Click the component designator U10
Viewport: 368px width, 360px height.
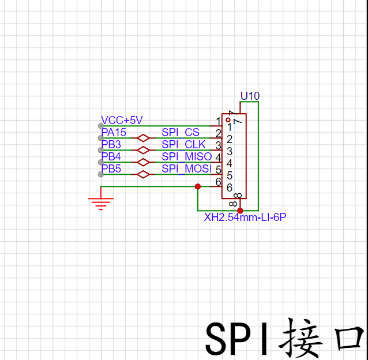click(250, 96)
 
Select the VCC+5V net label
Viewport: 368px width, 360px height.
click(121, 120)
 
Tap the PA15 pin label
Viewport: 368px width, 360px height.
click(114, 132)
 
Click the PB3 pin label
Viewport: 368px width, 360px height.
click(111, 144)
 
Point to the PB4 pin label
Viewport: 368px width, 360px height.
click(111, 156)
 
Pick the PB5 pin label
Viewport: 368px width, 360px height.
click(111, 168)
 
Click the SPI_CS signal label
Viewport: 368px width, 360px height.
click(181, 133)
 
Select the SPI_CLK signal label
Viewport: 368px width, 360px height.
click(183, 145)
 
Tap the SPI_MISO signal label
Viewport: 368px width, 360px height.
click(186, 157)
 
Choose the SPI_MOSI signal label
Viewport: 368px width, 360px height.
click(186, 169)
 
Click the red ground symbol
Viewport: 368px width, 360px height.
click(101, 202)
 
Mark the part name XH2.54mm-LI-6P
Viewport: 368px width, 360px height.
click(245, 217)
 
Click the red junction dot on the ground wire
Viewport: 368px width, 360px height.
click(198, 186)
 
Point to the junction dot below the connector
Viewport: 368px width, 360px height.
click(241, 211)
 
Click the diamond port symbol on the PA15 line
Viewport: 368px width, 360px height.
click(142, 138)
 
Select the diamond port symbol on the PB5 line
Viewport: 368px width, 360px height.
click(142, 174)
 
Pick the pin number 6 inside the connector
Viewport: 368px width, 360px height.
click(229, 187)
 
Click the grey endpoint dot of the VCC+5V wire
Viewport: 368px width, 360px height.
click(101, 126)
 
